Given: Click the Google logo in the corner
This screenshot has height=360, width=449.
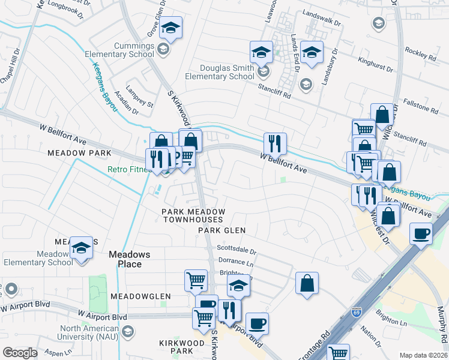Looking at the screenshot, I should pos(20,353).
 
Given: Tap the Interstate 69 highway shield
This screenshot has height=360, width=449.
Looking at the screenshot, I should pos(356,313).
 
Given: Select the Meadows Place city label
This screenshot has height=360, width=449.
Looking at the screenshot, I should pos(125,259).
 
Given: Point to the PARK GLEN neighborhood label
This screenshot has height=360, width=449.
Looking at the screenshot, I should pos(223,230).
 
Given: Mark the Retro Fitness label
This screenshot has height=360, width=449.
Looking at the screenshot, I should pos(130,170).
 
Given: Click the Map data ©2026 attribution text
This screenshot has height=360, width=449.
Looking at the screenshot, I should pos(423,355).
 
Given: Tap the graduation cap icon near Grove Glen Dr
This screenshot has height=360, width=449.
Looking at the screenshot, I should pos(170,28).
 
